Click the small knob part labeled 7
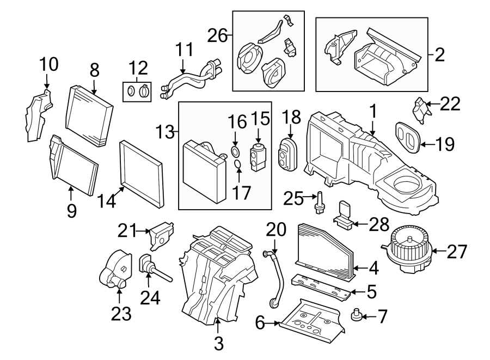(x=357, y=314)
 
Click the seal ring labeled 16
(x=234, y=151)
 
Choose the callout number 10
(x=48, y=65)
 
